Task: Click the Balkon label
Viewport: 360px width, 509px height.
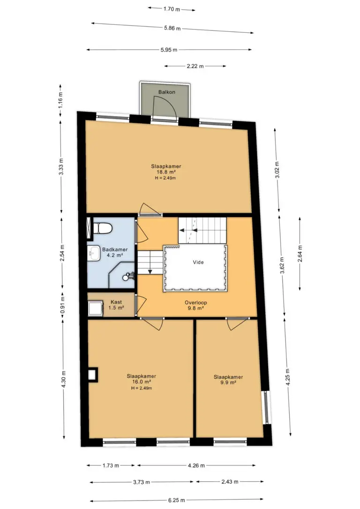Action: click(x=167, y=92)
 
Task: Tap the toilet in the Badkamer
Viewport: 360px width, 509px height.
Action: click(x=103, y=228)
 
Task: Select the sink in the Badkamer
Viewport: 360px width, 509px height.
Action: click(x=94, y=253)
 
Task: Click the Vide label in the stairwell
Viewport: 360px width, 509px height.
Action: click(x=198, y=262)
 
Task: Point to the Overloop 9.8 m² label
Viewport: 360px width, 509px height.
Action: click(x=196, y=305)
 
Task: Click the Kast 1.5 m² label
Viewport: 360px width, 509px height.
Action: click(x=116, y=305)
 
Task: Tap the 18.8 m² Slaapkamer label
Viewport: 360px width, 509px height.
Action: click(x=166, y=172)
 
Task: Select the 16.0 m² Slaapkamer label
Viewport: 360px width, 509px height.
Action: click(x=141, y=382)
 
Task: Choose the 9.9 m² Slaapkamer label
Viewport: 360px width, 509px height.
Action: click(x=228, y=380)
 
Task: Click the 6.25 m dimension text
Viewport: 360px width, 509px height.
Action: click(x=177, y=500)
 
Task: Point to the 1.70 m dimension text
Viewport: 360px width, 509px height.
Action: click(x=172, y=9)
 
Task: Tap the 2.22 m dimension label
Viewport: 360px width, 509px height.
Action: click(x=195, y=66)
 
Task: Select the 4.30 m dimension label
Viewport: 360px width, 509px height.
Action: click(x=64, y=379)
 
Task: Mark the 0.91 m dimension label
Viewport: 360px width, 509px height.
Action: click(x=63, y=305)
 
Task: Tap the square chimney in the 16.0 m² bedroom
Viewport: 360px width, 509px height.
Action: click(x=93, y=374)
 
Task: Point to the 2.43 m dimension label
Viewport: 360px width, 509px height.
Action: click(x=230, y=482)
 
